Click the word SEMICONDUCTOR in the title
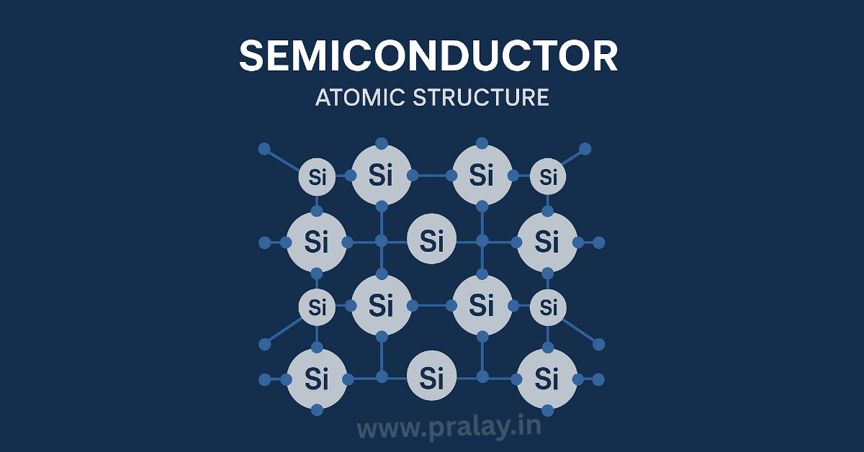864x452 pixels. (428, 56)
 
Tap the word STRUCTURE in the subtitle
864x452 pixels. (481, 98)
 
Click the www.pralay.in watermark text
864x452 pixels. (449, 428)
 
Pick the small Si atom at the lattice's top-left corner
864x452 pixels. (317, 177)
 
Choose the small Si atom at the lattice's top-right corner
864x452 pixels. (548, 177)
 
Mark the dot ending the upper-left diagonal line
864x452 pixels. (264, 149)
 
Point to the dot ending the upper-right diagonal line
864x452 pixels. (585, 149)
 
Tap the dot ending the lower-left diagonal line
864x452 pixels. (265, 345)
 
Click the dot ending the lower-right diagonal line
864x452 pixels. (598, 345)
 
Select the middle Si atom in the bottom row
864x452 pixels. (431, 376)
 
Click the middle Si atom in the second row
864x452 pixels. (431, 239)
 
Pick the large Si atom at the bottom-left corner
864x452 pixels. (317, 379)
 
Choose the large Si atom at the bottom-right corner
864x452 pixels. (547, 379)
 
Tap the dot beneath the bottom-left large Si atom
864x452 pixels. (317, 410)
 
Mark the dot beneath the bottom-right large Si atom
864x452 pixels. (547, 410)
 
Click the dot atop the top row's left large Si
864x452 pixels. (382, 143)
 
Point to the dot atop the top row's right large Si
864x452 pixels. (482, 143)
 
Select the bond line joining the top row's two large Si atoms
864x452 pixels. (432, 176)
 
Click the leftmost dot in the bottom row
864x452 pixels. (265, 379)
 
